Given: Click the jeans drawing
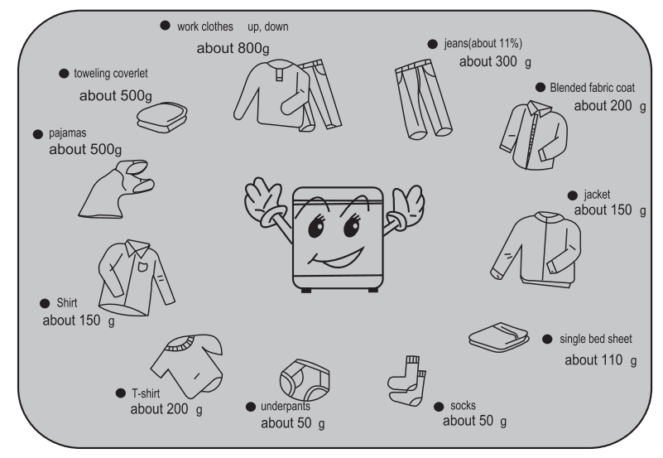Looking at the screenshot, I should [423, 100].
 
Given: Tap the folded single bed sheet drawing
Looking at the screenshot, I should [499, 335].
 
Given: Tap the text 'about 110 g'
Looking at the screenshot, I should [601, 360].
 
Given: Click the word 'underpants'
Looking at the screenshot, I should [286, 407].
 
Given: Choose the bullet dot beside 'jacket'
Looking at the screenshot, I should [571, 195].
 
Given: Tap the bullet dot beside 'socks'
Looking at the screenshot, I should [438, 406].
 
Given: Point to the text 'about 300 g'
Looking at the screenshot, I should [493, 61].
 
